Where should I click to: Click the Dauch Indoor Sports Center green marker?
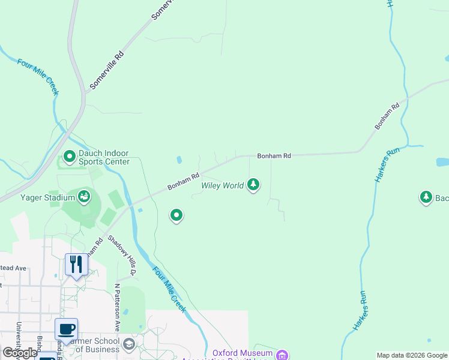69,157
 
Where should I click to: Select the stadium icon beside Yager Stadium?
84,196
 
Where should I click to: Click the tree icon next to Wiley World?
253,185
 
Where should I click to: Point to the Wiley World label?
222,185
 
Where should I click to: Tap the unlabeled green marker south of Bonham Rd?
176,215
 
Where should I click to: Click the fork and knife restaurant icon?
76,264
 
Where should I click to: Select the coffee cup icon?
66,329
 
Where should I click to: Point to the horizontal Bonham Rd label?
274,155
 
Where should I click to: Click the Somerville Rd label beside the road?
107,70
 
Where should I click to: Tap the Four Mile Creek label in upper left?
38,77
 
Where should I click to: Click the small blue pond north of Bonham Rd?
179,160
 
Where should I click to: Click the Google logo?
20,353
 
